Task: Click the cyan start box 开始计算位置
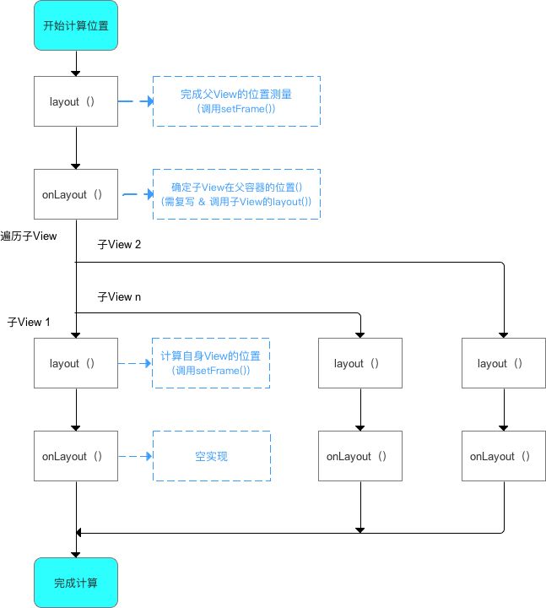click(x=76, y=25)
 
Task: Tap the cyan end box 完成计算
click(x=76, y=583)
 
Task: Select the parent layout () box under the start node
click(x=76, y=101)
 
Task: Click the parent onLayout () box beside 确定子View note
click(x=76, y=194)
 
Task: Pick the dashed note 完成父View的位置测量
click(x=236, y=101)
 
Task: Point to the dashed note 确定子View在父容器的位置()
click(x=236, y=194)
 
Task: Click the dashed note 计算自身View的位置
click(x=211, y=363)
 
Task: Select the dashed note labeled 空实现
click(x=212, y=456)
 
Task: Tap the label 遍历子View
click(x=29, y=236)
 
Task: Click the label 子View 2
click(x=119, y=245)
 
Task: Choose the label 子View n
click(x=119, y=297)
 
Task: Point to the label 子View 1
click(x=29, y=323)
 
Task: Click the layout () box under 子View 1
click(x=76, y=363)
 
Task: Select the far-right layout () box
click(x=504, y=363)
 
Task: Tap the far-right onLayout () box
click(x=504, y=456)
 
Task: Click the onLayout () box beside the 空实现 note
click(x=76, y=456)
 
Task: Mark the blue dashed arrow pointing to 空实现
click(x=135, y=456)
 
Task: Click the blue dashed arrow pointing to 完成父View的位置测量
click(x=136, y=101)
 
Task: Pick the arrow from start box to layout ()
click(x=76, y=63)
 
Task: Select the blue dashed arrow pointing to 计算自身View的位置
click(x=135, y=363)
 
